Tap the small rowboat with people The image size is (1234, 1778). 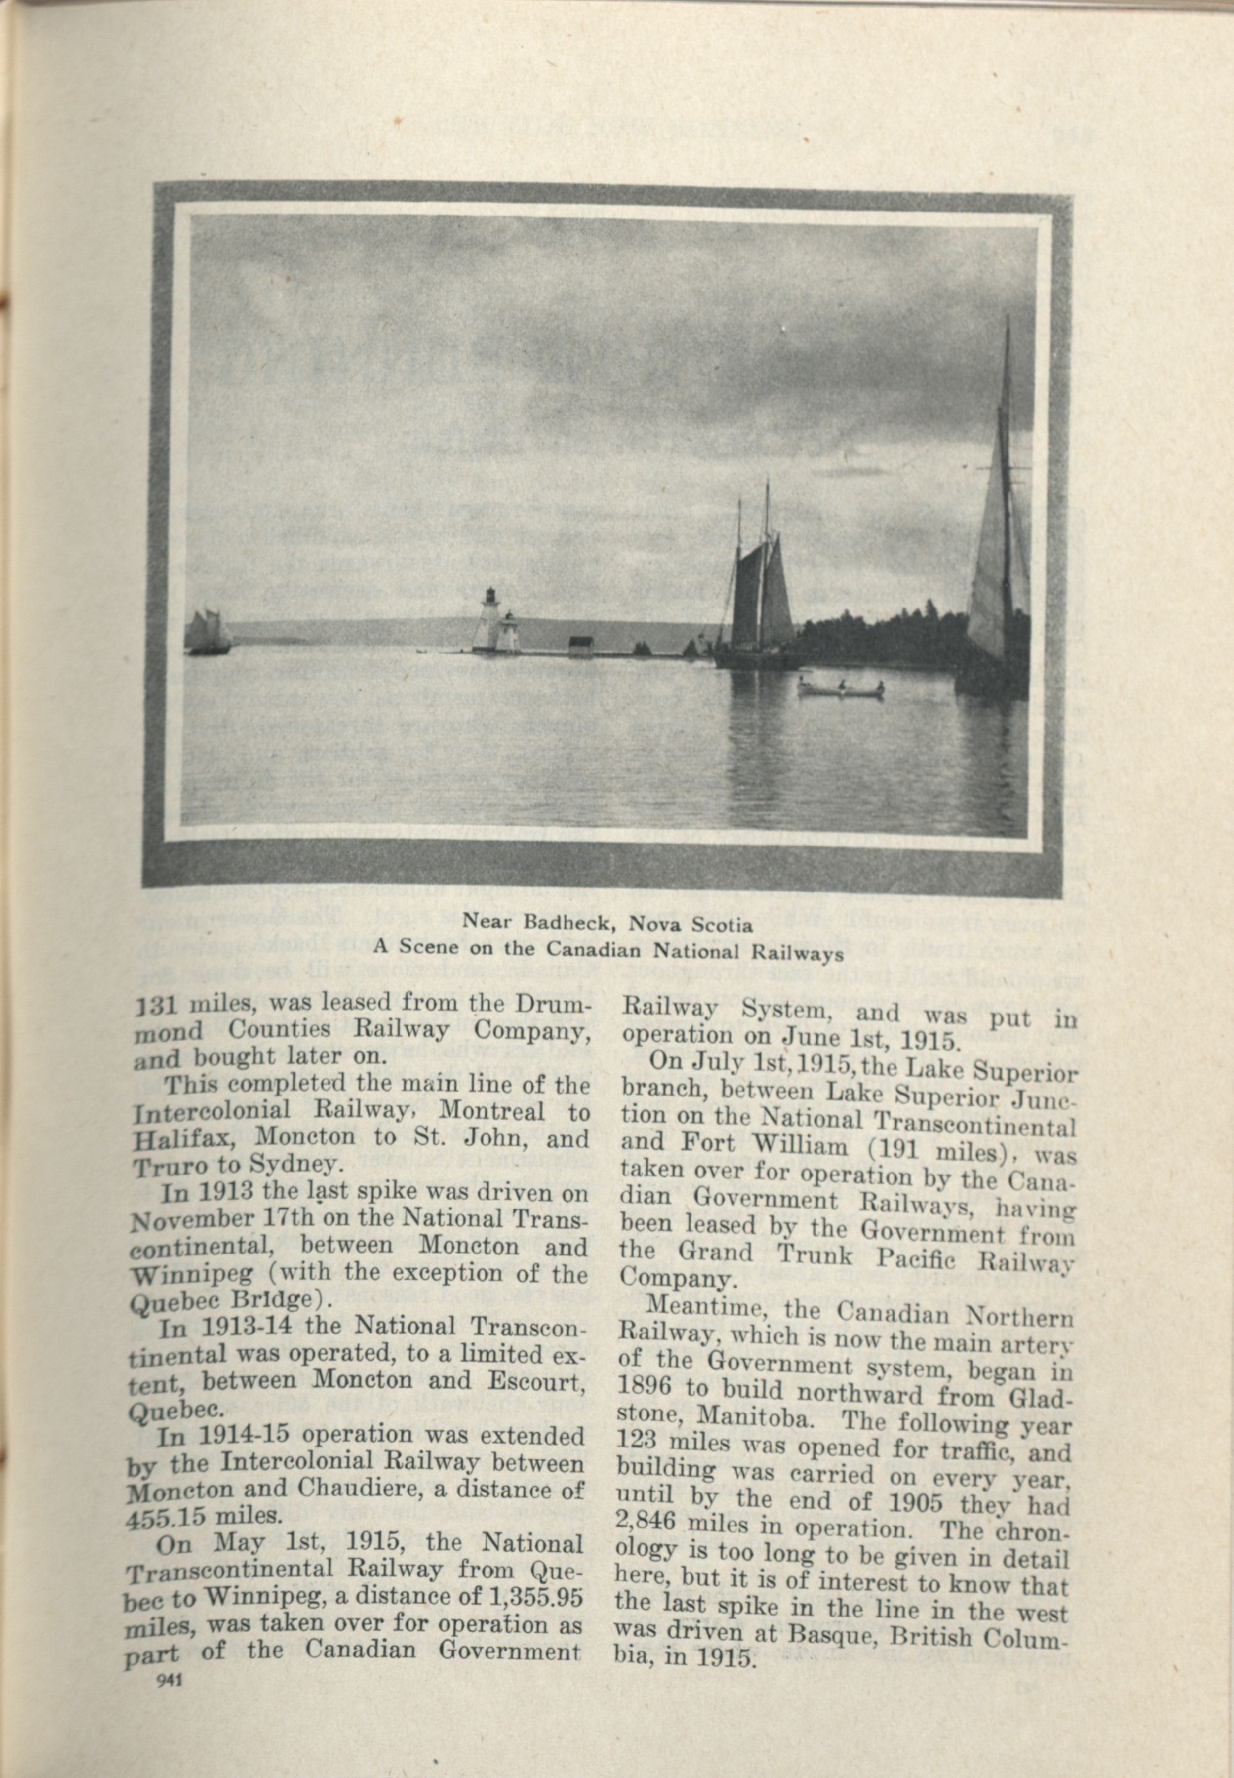840,688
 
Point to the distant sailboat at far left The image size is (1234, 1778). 207,633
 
